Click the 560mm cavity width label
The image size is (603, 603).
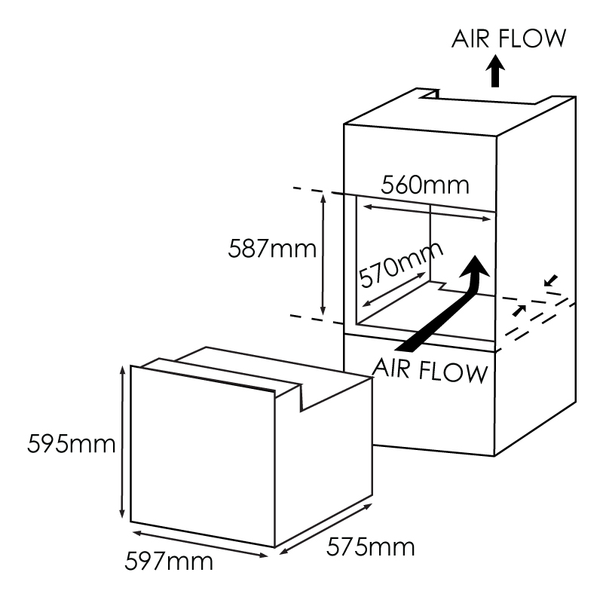(425, 185)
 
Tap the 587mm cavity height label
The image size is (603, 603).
(272, 249)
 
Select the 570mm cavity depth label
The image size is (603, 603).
(400, 265)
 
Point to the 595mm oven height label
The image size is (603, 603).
(72, 444)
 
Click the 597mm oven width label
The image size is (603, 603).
(169, 562)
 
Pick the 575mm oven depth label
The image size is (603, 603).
(371, 547)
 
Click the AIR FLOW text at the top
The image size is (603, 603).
(509, 38)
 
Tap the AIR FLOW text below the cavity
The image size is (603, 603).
(430, 371)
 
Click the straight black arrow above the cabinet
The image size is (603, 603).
(495, 71)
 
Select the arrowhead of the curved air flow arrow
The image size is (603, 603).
(475, 268)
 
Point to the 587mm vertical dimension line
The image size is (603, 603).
(323, 255)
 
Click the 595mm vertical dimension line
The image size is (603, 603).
(122, 442)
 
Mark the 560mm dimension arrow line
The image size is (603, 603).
(427, 213)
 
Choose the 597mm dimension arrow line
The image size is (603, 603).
(200, 544)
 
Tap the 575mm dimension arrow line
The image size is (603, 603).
(326, 529)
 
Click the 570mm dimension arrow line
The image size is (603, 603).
(393, 289)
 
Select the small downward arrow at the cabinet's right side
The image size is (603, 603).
(551, 280)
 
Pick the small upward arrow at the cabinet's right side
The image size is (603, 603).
(519, 311)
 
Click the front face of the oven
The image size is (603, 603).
(203, 456)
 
